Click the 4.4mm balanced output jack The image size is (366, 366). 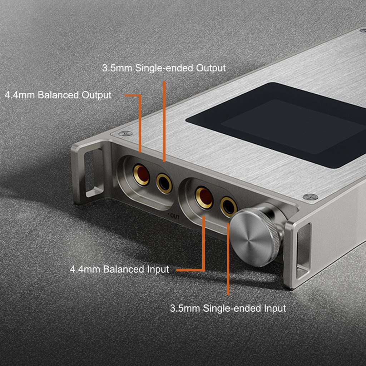click(141, 174)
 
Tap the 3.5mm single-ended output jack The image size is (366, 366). click(164, 183)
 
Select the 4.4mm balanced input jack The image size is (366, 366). click(204, 198)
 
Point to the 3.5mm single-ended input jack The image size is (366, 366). click(228, 207)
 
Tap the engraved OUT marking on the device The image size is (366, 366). click(175, 216)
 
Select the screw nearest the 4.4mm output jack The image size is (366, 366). click(125, 134)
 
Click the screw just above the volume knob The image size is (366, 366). click(311, 197)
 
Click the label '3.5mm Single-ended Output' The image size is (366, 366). click(164, 68)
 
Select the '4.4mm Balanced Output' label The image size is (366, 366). click(58, 95)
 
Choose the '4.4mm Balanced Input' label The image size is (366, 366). click(119, 269)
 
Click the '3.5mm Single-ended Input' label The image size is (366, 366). click(228, 308)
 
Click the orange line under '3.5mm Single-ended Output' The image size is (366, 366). click(164, 122)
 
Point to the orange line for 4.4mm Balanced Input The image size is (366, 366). click(203, 252)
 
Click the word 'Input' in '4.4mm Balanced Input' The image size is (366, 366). click(158, 269)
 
